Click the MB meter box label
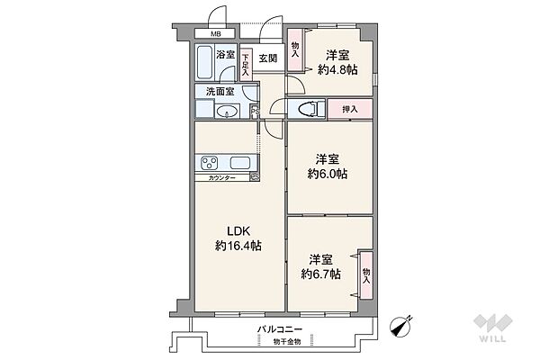tap(216, 34)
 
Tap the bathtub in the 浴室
tap(204, 63)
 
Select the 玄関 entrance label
tap(268, 58)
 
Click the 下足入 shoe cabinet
tap(246, 65)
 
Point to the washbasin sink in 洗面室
tap(227, 111)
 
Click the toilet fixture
tap(307, 109)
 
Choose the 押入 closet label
tap(350, 110)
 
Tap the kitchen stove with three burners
tap(210, 163)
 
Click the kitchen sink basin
tap(240, 163)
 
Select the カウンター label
tap(221, 178)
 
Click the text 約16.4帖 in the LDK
tap(238, 246)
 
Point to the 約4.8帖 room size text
tap(337, 70)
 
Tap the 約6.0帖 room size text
tap(328, 174)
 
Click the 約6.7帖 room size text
tap(321, 274)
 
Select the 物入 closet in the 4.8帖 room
tap(295, 50)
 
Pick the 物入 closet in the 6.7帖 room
tap(366, 275)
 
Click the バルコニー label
tap(280, 329)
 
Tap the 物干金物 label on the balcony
tap(287, 342)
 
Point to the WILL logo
tap(492, 328)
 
